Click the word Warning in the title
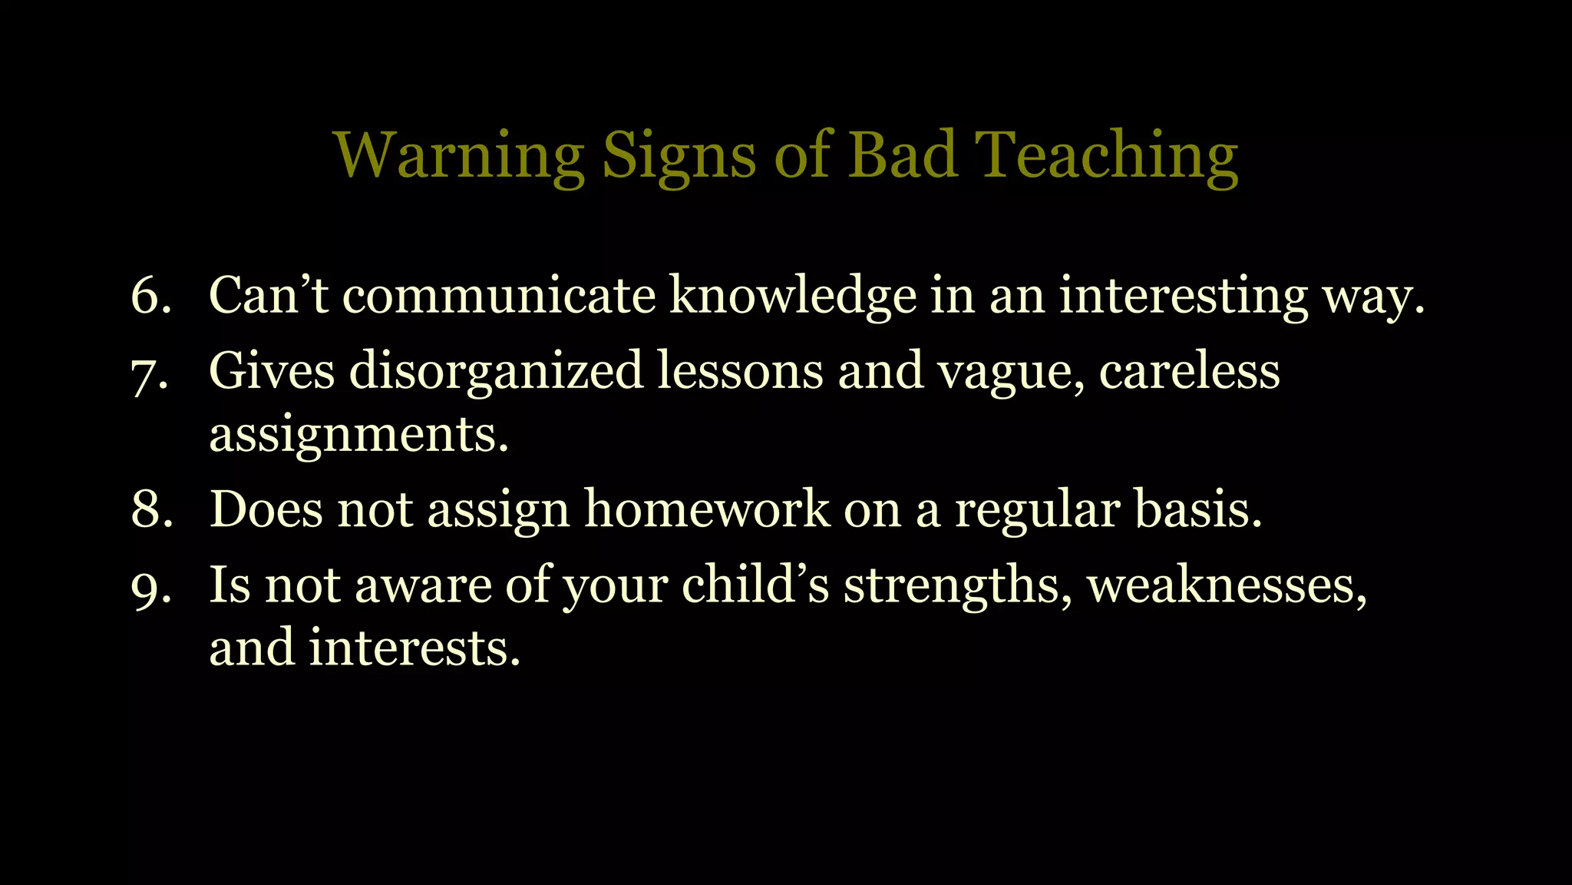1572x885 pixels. [x=459, y=155]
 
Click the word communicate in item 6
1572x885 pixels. [x=499, y=295]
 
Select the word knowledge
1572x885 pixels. [x=793, y=295]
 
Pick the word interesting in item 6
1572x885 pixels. [x=1183, y=295]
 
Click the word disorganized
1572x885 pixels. [x=496, y=371]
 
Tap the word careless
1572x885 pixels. [x=1189, y=371]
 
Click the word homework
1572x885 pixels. [x=707, y=509]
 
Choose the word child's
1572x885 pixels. [x=755, y=585]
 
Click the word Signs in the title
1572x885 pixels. [x=679, y=157]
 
